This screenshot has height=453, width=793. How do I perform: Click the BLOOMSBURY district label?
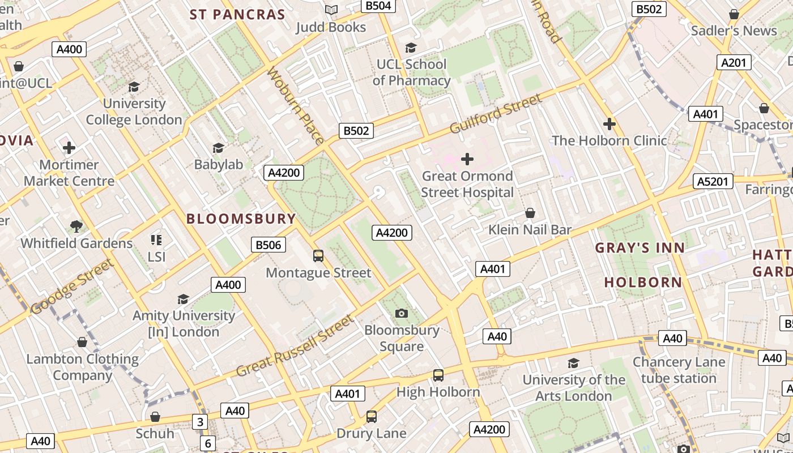[241, 219]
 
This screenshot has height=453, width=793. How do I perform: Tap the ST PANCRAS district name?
[237, 15]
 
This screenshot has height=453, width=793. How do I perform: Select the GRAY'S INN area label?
[640, 247]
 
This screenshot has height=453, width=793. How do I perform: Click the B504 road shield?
[378, 6]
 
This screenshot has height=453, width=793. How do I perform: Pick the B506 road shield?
[268, 245]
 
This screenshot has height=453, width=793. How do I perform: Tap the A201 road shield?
[734, 62]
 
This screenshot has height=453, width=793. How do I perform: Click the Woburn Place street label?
[295, 106]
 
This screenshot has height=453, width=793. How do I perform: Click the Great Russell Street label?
[295, 346]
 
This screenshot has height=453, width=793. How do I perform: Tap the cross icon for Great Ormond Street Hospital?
[467, 159]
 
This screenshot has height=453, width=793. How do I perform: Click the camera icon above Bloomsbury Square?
[401, 313]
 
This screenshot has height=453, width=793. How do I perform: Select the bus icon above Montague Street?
[318, 256]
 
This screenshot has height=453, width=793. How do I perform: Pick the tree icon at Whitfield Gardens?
[76, 226]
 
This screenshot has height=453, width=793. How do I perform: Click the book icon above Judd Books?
[331, 10]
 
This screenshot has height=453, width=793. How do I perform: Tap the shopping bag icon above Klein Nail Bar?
[530, 213]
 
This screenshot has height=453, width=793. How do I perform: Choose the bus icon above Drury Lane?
[372, 417]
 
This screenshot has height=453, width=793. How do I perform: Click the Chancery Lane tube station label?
[679, 370]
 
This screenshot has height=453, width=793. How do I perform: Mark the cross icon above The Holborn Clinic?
[609, 123]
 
